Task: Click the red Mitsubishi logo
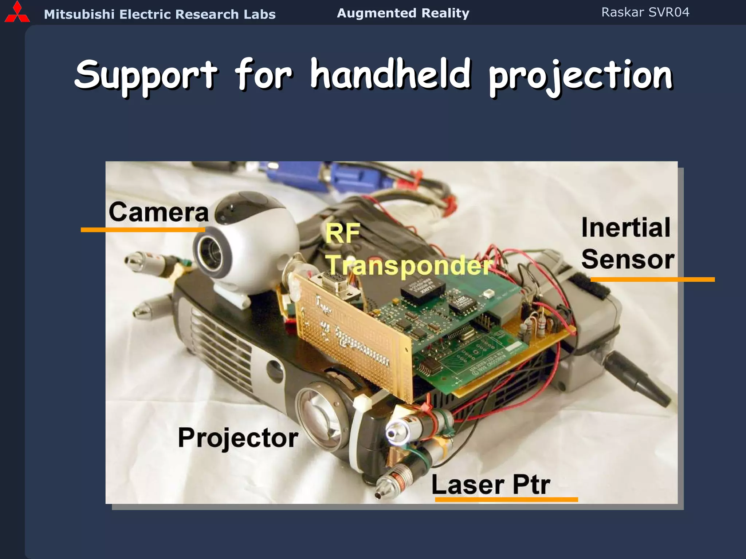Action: (x=17, y=12)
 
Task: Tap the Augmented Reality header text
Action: (x=403, y=13)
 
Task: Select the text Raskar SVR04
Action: (x=645, y=12)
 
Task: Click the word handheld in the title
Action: (x=390, y=75)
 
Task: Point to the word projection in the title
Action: (x=580, y=76)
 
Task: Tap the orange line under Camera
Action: (x=143, y=230)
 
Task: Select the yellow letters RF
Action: (x=342, y=233)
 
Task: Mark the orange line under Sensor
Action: (x=652, y=279)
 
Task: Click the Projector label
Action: (x=238, y=438)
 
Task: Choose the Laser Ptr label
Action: (x=490, y=485)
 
